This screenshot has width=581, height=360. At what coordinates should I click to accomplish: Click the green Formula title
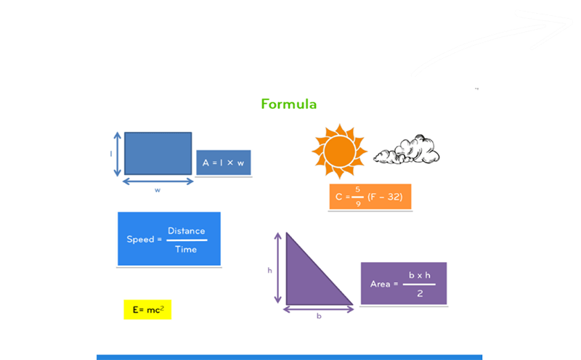click(288, 104)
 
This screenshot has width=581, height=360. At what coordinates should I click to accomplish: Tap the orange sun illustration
click(339, 151)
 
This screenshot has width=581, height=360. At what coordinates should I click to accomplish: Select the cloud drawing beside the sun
click(407, 150)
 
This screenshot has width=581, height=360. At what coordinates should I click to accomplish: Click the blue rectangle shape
click(158, 153)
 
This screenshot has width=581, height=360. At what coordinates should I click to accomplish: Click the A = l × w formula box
click(224, 163)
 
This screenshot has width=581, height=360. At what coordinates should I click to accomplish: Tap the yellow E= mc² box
click(147, 310)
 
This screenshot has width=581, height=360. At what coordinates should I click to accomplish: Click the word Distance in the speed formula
click(187, 231)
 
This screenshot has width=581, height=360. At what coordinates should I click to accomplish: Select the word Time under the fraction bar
click(186, 250)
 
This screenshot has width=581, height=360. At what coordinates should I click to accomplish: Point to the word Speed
click(140, 240)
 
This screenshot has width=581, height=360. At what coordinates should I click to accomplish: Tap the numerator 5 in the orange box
click(357, 189)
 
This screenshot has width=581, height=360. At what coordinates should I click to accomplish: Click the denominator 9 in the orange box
click(358, 204)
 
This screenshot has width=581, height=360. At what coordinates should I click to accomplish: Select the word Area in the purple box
click(380, 284)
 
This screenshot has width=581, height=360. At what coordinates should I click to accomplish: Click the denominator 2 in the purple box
click(420, 294)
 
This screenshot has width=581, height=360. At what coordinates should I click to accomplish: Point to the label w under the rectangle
click(158, 190)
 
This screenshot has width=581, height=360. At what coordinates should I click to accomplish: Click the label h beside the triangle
click(269, 271)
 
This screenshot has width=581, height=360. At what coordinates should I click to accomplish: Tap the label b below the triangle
click(319, 316)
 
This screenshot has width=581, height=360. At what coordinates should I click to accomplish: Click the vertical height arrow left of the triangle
click(278, 268)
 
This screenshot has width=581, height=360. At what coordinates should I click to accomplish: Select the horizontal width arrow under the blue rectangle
click(158, 181)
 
